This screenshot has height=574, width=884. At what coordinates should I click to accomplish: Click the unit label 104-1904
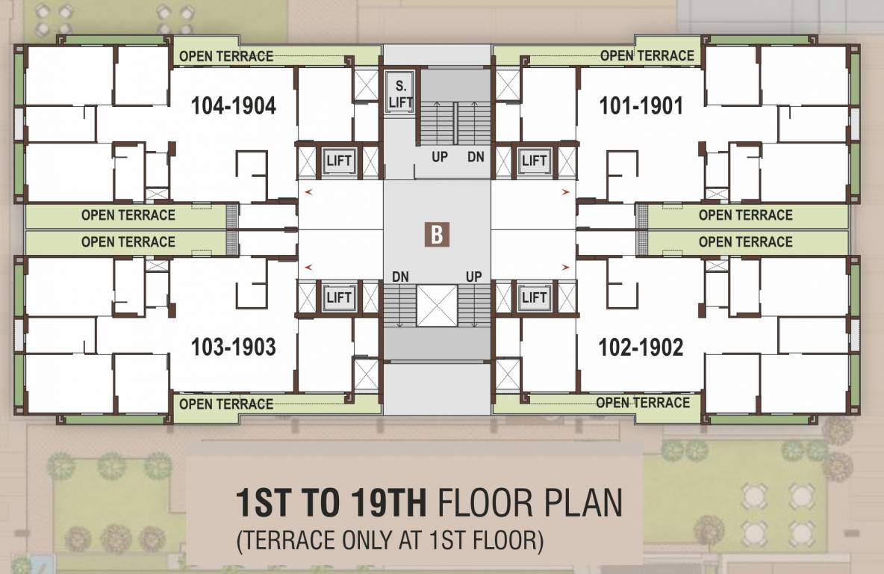(x=233, y=106)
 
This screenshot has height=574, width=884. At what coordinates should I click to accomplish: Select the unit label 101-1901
(x=641, y=106)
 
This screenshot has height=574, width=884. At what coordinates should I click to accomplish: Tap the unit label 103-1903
(x=233, y=347)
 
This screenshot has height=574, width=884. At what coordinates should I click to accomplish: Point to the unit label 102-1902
(x=641, y=347)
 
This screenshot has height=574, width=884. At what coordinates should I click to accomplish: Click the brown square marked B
(x=437, y=234)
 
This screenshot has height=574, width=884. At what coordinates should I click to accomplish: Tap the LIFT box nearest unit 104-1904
(x=339, y=161)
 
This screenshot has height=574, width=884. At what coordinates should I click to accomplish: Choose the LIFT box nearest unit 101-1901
(x=535, y=161)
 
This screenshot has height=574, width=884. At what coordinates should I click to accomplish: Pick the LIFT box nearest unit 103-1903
(x=339, y=297)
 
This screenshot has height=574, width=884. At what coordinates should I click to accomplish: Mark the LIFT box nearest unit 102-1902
(x=535, y=297)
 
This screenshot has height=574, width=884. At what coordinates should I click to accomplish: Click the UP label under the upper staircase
(x=440, y=158)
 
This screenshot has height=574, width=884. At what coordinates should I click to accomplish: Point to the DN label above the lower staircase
(x=401, y=277)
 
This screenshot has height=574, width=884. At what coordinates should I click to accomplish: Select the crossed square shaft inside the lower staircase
(x=437, y=306)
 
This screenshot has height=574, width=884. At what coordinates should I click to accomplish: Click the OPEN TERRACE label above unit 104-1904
(x=226, y=56)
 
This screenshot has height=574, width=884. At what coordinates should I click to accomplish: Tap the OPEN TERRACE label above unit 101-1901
(x=647, y=55)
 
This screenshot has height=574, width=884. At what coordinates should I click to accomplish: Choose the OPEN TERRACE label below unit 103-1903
(x=226, y=404)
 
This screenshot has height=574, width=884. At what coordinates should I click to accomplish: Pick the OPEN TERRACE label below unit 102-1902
(x=642, y=403)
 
